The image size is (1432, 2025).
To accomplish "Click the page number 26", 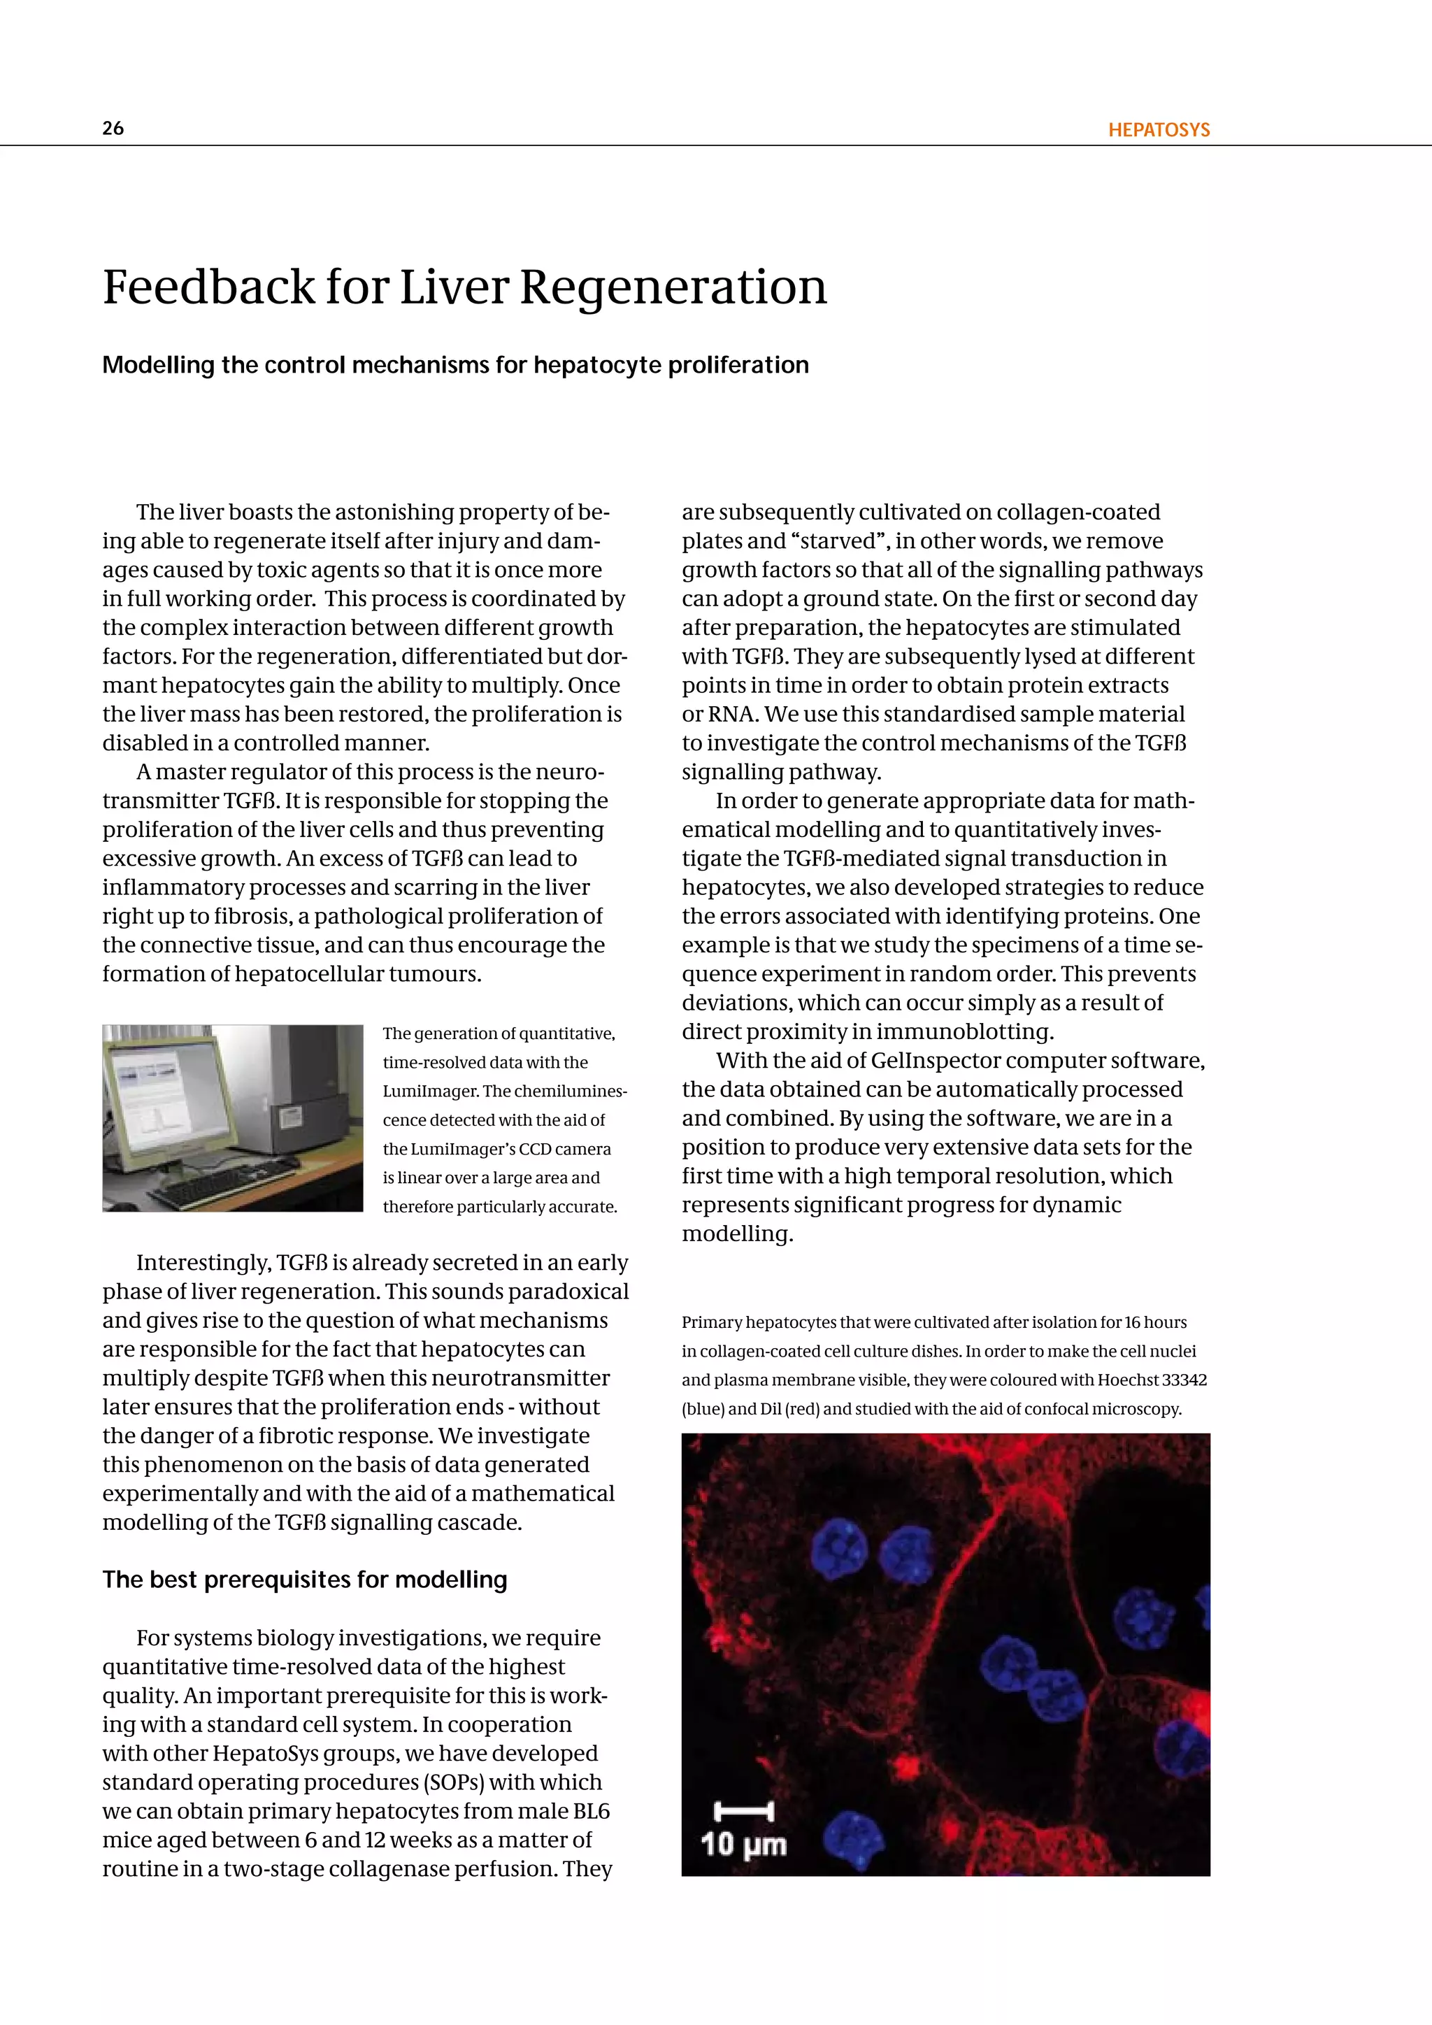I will tap(113, 128).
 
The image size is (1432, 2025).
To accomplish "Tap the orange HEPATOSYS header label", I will tap(1159, 129).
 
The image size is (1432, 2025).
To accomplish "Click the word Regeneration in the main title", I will tap(673, 287).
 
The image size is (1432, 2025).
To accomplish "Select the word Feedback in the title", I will tap(208, 287).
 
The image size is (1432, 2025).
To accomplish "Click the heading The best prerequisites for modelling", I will tap(304, 1579).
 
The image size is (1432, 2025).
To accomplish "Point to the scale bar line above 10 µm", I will tap(743, 1812).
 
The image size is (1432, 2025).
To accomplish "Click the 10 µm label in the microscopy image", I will tap(743, 1844).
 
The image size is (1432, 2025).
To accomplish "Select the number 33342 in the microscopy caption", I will tap(1184, 1380).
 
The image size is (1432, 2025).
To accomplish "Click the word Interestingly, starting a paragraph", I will tap(203, 1262).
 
